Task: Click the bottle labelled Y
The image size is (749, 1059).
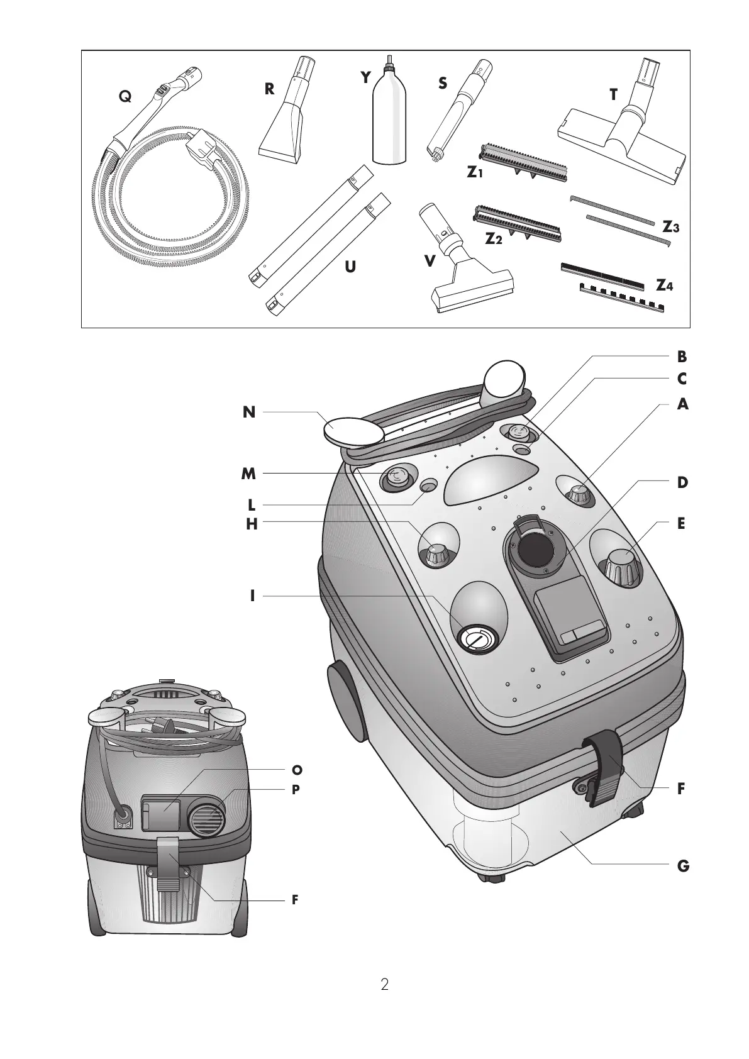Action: pos(389,119)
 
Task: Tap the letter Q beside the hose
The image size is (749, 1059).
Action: pos(126,96)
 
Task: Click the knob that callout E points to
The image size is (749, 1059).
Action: pos(622,565)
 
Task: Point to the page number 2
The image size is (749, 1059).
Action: pos(384,984)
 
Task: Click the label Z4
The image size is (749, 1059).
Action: pos(664,286)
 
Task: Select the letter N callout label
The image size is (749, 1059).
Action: pos(250,413)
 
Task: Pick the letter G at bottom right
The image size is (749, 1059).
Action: pos(683,866)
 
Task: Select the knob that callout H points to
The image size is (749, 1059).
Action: pos(435,554)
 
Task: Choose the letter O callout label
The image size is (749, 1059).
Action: pos(297,770)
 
